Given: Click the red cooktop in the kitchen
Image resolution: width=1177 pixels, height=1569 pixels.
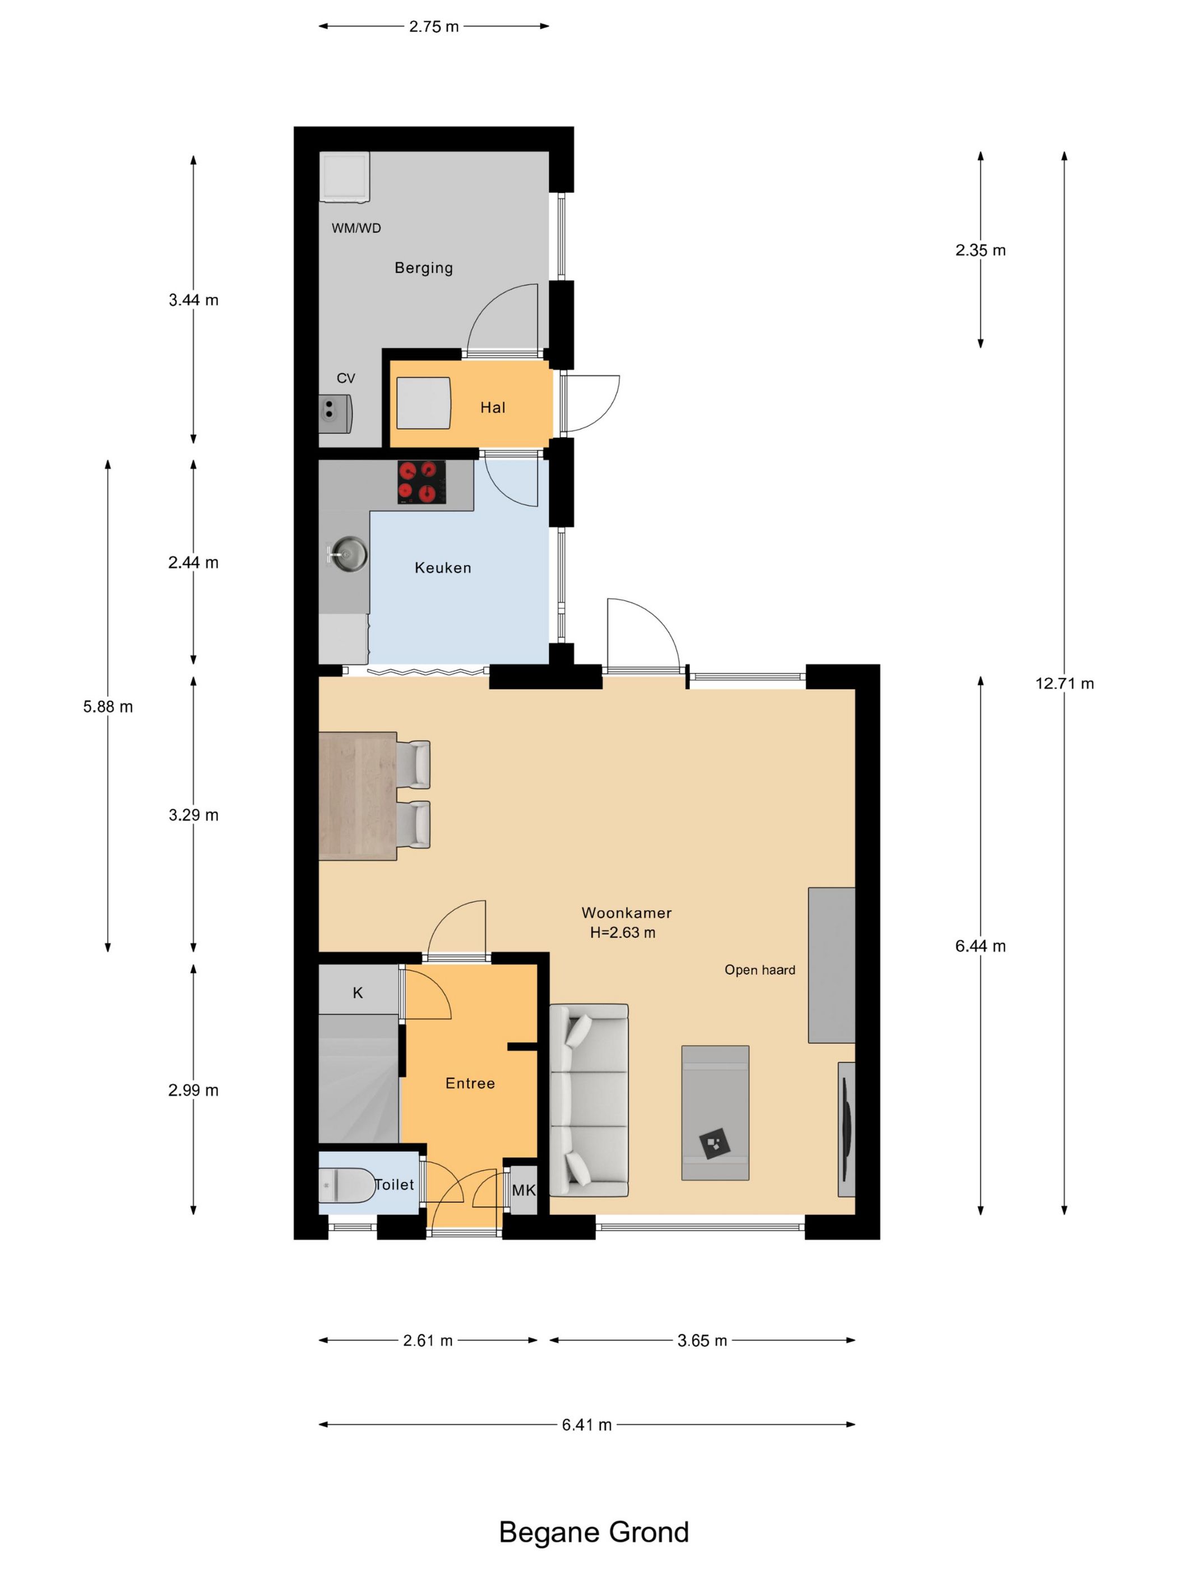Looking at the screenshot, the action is coord(421,482).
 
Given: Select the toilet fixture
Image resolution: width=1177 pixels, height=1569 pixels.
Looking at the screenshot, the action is coord(346,1185).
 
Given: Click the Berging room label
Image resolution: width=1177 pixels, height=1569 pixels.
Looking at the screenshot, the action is coord(424,267).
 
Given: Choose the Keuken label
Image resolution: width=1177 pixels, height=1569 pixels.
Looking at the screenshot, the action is coord(443,568).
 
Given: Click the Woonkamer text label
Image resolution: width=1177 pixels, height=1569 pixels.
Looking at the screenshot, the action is coord(627,913).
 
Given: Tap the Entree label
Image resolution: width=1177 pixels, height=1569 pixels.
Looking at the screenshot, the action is coord(470,1083).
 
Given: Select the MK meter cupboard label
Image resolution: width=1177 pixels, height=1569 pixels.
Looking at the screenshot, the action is coord(523,1190).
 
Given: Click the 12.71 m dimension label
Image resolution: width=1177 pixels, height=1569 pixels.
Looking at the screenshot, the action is coord(1064,684).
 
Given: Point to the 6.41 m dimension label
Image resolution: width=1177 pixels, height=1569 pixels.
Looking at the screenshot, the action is coord(587,1425).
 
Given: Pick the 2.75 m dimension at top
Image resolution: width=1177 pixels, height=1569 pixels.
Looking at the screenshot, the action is coord(433,27).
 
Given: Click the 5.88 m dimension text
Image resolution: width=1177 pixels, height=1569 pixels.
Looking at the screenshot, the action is coord(108,707).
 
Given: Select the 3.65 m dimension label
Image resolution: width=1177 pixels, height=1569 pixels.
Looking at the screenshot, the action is coord(702,1340).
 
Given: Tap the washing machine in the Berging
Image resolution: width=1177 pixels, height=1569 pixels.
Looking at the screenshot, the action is coord(345,177).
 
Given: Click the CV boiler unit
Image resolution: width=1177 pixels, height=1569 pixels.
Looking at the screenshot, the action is coord(335,414).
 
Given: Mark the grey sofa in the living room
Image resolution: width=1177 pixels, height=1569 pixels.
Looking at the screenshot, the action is coord(589,1100).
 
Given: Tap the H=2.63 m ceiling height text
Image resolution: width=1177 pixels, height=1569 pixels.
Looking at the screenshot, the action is coord(622,933).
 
